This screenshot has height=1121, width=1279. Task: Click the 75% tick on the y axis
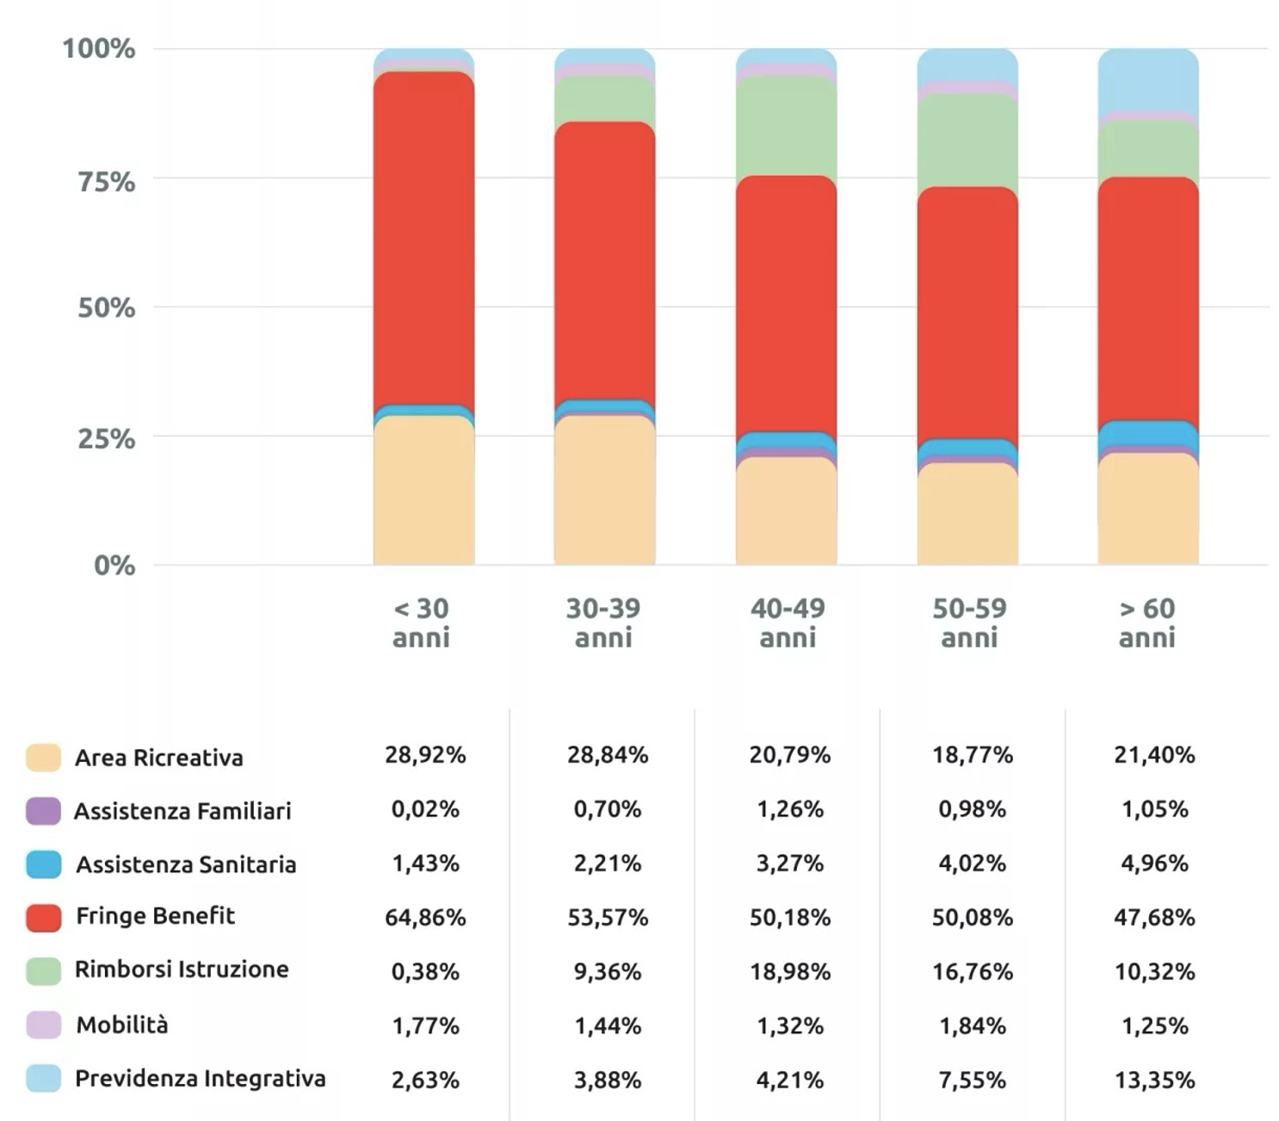coord(107,182)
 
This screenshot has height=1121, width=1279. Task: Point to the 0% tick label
coord(114,566)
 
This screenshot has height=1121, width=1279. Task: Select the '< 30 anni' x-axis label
coord(422,622)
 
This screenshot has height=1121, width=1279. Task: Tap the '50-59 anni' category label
coord(969,622)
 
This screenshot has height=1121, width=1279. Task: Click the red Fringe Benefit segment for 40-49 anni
coord(786,306)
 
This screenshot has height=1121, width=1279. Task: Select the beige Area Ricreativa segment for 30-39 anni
coord(604,491)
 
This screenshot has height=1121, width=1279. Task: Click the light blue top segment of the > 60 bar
coord(1148,80)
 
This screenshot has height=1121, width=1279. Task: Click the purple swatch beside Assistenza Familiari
coord(43,811)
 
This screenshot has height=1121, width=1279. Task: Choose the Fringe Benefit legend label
coord(155,916)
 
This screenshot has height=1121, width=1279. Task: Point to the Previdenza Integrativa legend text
coord(200,1079)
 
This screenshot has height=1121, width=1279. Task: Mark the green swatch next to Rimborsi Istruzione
coord(43,971)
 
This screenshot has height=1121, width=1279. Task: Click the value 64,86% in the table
coord(425,918)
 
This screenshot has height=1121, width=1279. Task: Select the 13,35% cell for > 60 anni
coord(1154,1081)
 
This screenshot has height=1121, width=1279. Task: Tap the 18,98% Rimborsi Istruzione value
coord(789,972)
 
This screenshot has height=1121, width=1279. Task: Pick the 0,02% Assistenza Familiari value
coord(425,809)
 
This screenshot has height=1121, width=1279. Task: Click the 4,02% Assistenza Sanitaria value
coord(972,864)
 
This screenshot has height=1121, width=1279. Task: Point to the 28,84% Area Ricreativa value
coord(607,755)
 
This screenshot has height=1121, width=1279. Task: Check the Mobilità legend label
coord(121,1025)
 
